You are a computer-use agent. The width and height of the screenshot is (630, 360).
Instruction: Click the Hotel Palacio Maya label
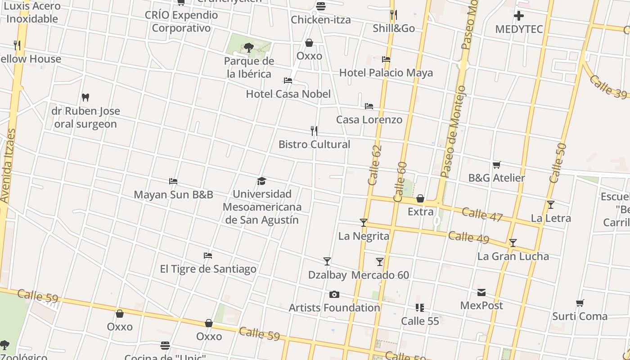tap(386, 73)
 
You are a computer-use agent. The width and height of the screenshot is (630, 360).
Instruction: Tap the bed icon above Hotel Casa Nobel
tap(288, 81)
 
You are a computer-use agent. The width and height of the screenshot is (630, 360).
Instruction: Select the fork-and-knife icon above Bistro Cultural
tap(314, 131)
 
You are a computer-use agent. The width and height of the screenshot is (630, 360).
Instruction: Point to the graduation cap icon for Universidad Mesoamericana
tap(261, 181)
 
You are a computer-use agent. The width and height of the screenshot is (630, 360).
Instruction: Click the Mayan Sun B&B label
tap(173, 195)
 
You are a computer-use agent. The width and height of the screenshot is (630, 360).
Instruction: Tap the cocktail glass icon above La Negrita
tap(364, 223)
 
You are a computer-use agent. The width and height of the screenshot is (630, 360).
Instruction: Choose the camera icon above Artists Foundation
tap(334, 295)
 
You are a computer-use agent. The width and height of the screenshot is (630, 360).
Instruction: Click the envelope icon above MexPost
tap(481, 292)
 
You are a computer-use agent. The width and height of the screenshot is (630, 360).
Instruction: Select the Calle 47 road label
tap(482, 214)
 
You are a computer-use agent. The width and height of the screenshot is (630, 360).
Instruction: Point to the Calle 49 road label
tap(468, 237)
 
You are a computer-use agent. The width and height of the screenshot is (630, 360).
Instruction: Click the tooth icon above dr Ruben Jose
tap(85, 97)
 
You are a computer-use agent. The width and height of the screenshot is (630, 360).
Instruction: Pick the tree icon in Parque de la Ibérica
tap(248, 47)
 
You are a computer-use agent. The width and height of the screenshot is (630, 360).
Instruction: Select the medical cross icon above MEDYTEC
tap(519, 16)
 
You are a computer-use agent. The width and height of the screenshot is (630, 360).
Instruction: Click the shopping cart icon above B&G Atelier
tap(496, 165)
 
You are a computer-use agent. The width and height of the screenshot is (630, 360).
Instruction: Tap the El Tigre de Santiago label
tap(208, 269)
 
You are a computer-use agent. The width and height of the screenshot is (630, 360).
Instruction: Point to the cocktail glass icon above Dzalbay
tap(327, 261)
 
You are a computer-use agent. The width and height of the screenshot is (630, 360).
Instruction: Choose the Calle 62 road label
tap(374, 165)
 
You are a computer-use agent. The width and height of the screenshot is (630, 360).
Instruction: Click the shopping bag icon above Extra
tap(420, 198)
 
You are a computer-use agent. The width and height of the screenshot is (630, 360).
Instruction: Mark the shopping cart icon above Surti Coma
tap(580, 303)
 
